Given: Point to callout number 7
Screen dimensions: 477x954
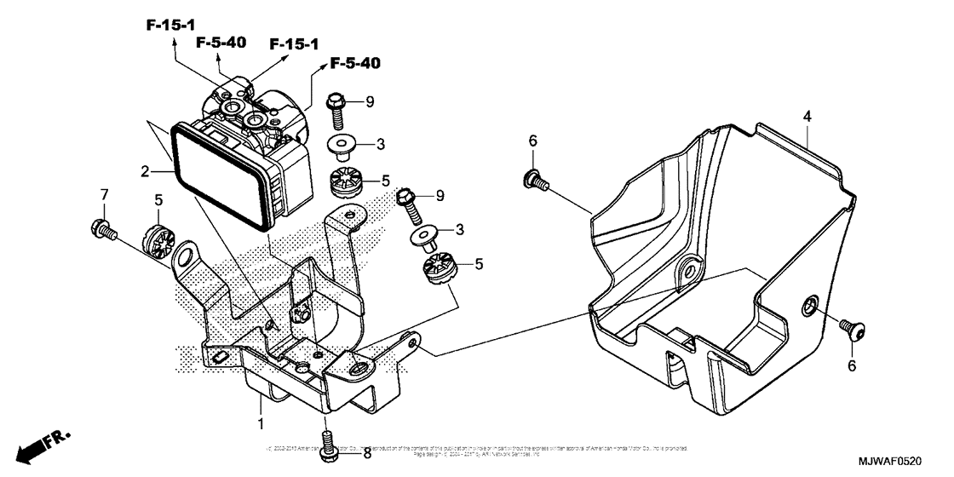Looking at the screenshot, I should point(104,195).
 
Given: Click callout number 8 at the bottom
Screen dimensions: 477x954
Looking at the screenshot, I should point(367,454).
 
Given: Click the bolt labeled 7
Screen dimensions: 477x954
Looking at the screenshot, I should point(101,227).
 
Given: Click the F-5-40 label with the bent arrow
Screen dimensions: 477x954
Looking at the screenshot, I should point(355,63).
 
